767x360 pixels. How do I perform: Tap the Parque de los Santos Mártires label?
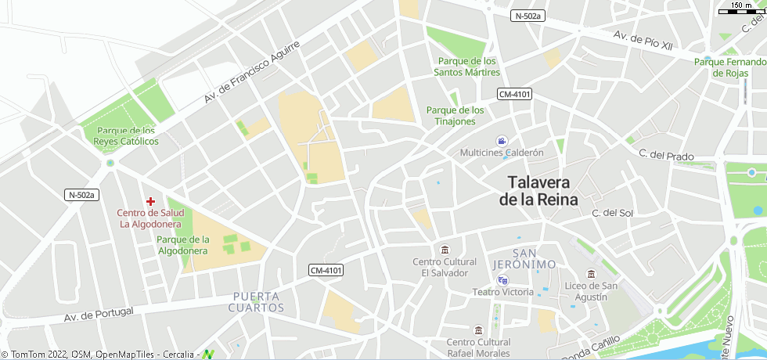[x=467, y=67]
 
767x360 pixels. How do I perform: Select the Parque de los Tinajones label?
[x=456, y=115]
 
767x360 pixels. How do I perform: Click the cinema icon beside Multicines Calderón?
[x=501, y=141]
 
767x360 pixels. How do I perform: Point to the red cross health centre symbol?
[x=151, y=201]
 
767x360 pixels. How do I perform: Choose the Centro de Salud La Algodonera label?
[x=150, y=218]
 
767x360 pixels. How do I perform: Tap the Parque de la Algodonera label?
[x=182, y=245]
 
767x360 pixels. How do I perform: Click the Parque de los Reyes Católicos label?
[x=125, y=136]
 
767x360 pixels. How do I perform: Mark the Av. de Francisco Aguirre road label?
[x=252, y=73]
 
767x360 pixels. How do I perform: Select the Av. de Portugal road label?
[x=99, y=314]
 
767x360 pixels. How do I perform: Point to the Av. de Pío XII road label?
[x=643, y=41]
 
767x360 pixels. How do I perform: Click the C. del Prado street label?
[x=666, y=156]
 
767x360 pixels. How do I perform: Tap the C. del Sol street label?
[x=612, y=213]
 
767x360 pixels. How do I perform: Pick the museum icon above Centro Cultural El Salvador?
[x=445, y=250]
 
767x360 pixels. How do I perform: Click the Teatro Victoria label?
[x=502, y=292]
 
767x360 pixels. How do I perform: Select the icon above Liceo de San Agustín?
[x=591, y=274]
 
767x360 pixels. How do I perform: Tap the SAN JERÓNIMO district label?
[x=524, y=259]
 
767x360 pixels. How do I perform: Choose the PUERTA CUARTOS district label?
[x=256, y=302]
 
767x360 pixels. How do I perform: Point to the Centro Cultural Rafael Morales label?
[x=478, y=347]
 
